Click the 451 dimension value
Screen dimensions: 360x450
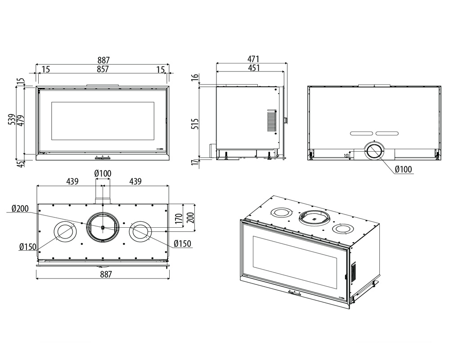point(253,68)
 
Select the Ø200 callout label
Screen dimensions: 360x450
point(20,209)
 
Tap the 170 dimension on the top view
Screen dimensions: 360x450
point(179,219)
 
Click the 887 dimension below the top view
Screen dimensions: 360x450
point(103,274)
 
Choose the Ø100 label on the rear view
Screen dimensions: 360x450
point(403,169)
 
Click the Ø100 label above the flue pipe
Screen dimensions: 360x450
point(103,174)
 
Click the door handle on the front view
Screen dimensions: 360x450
point(103,157)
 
